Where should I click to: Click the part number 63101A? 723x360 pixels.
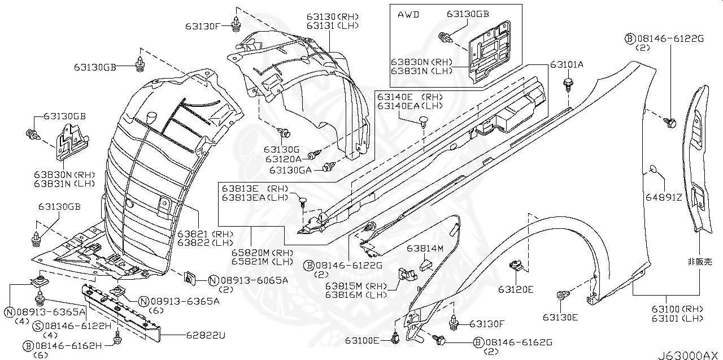[x=567, y=65]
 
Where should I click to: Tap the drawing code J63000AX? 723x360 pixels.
[x=689, y=355]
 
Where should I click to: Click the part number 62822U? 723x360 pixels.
[x=206, y=335]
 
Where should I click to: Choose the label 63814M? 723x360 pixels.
[x=425, y=248]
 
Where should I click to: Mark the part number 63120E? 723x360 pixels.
[x=515, y=289]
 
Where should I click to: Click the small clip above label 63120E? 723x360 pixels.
[x=515, y=264]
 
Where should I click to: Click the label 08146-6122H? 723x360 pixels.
[x=72, y=326]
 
